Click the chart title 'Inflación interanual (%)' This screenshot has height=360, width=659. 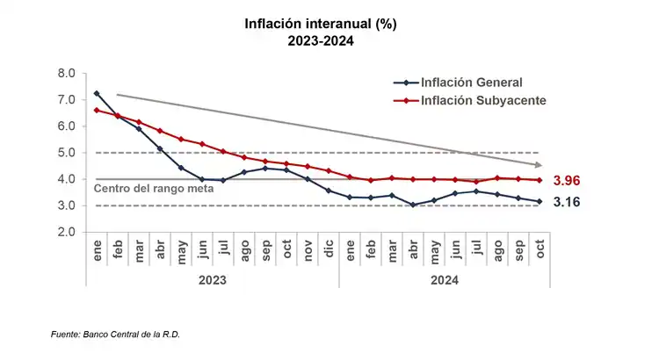coord(321,25)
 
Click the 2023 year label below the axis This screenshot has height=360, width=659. coord(212,280)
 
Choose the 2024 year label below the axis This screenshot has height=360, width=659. coord(444,280)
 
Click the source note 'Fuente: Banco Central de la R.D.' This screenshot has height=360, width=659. coord(120,335)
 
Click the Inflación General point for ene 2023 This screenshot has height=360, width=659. coord(96,94)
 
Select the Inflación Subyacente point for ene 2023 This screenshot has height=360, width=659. coord(96,110)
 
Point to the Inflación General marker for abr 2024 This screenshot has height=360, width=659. coord(413,205)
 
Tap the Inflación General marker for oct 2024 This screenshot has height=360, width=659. coord(540,201)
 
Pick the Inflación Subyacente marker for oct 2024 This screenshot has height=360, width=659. coord(540,180)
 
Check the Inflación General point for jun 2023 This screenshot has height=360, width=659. coord(201,179)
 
